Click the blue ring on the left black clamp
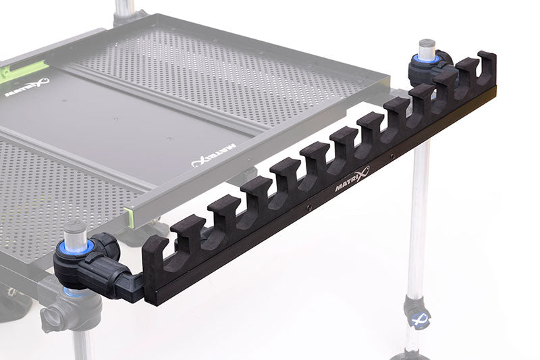point(76,248)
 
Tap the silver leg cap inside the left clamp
point(75,233)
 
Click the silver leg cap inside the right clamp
point(427,49)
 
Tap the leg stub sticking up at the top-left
point(124,8)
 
